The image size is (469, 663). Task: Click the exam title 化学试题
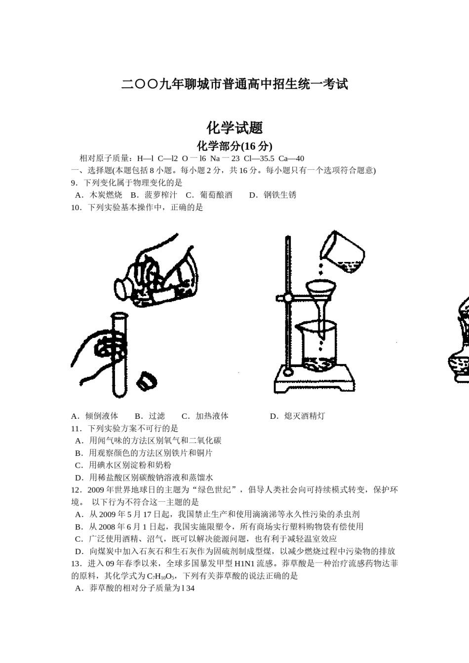point(234,128)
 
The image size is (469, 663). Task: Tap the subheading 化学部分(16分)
point(234,146)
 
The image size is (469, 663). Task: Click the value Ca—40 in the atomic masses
point(291,158)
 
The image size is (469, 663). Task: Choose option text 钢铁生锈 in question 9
point(280,195)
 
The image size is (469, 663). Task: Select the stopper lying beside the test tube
point(147,380)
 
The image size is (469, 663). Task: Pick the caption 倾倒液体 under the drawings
point(102,416)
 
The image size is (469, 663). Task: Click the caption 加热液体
point(212,416)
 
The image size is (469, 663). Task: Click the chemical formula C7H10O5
point(161,576)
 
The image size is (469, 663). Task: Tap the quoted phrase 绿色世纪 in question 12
point(215,490)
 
